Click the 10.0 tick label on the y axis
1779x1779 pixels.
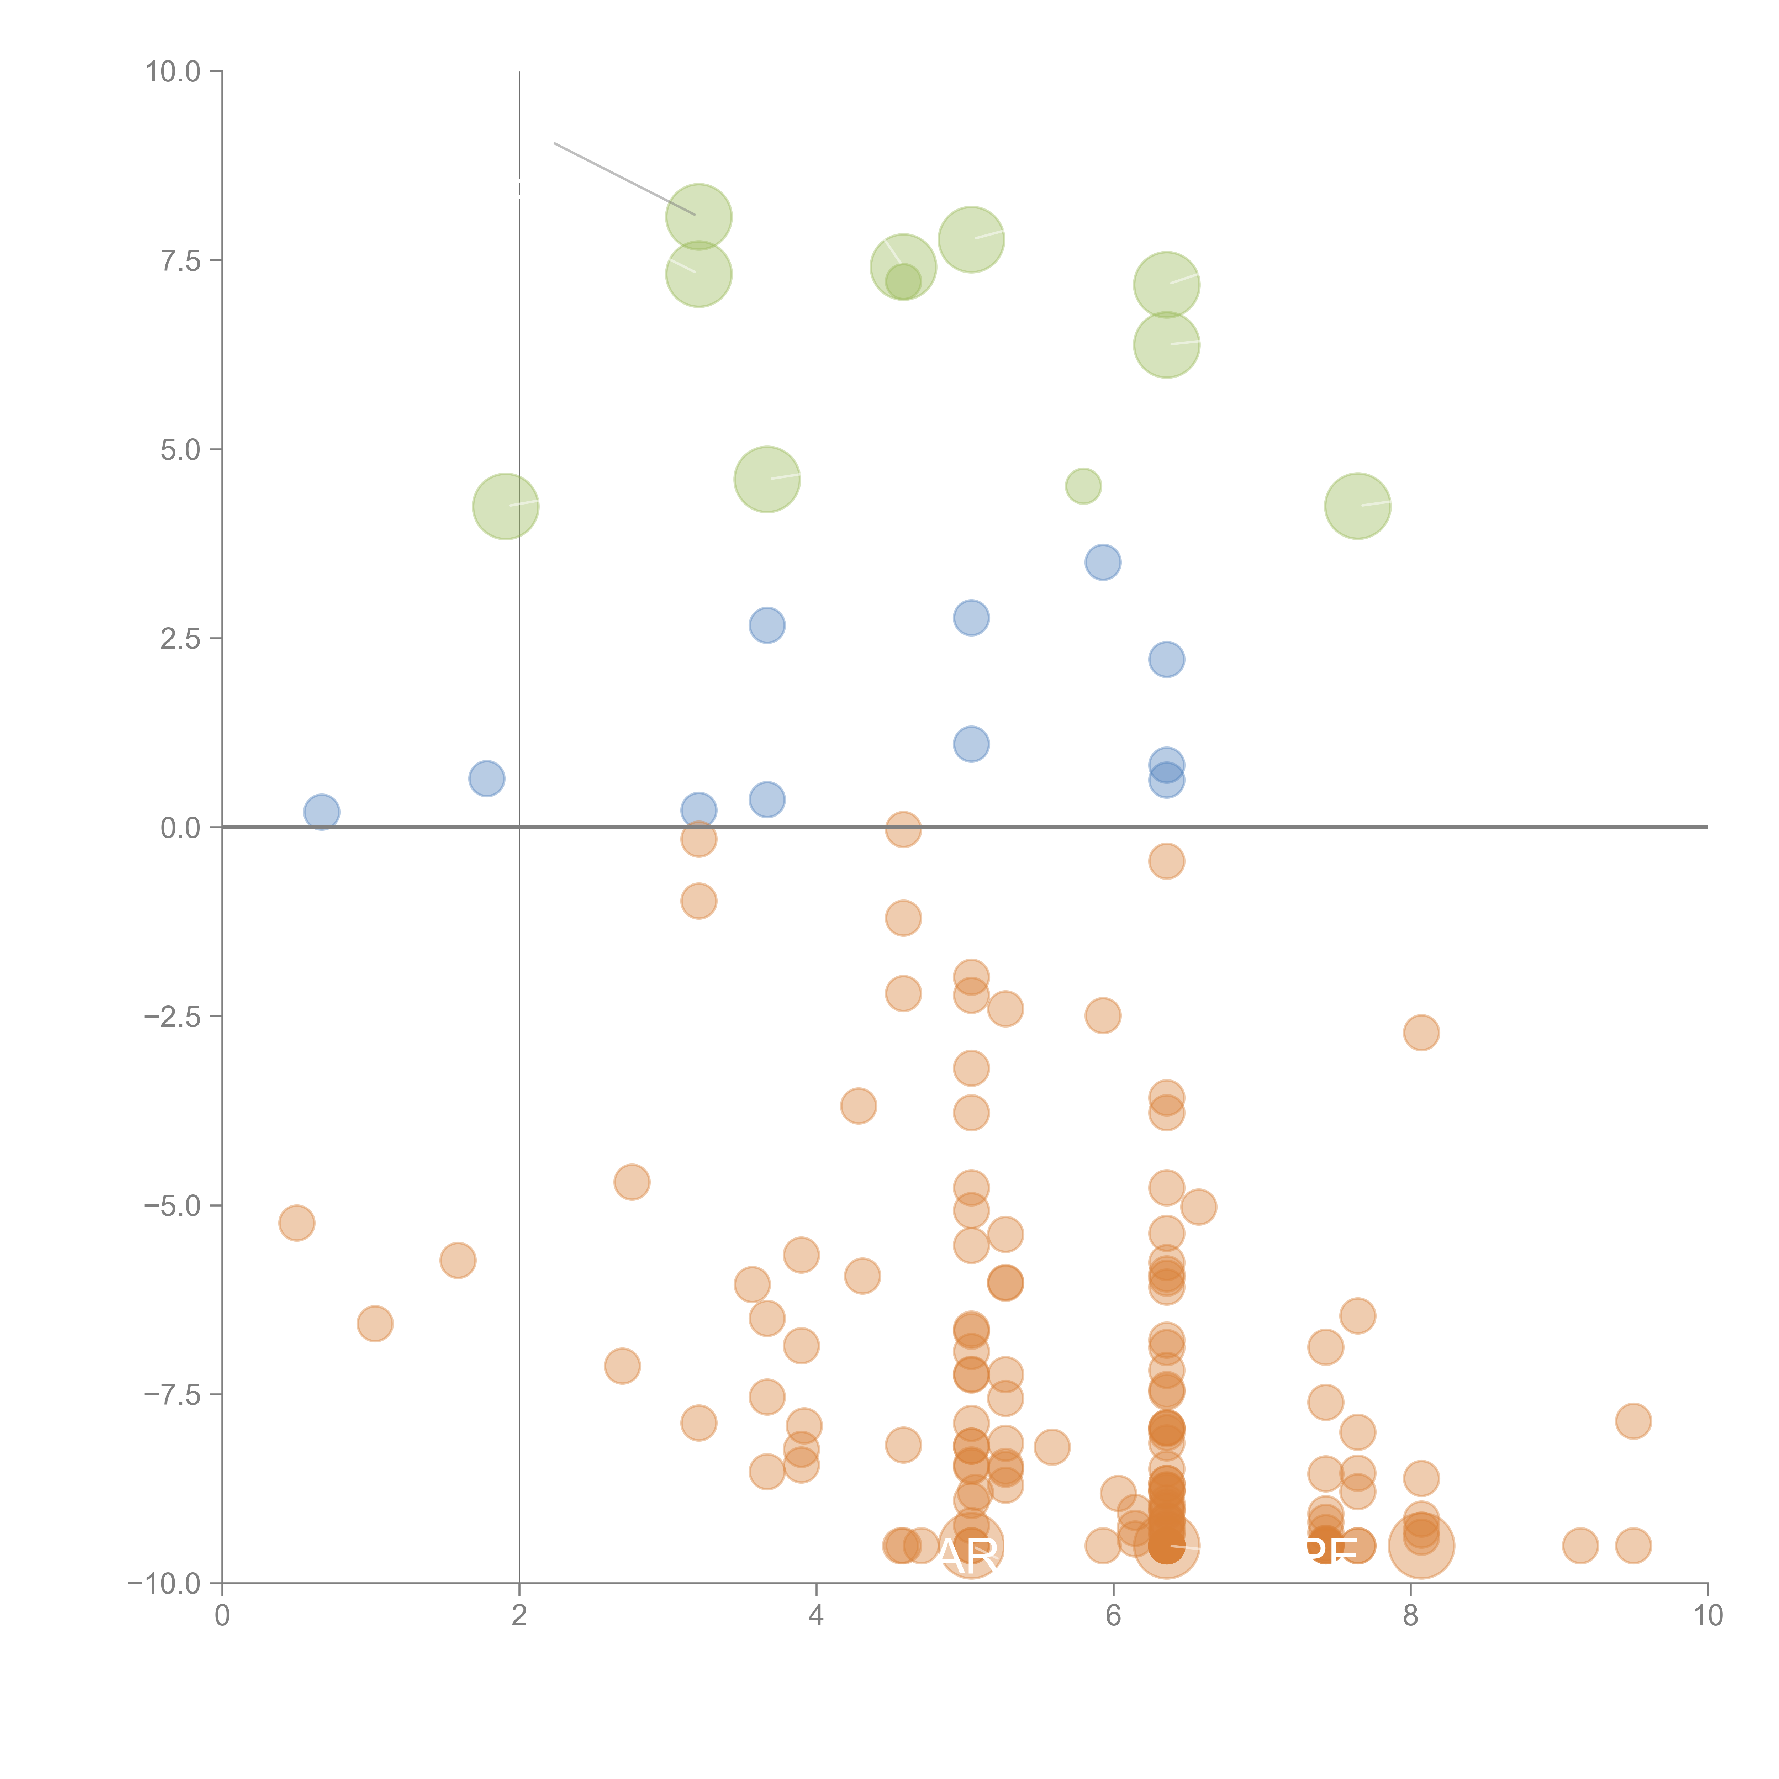(x=173, y=72)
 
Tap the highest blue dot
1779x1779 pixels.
(x=1102, y=562)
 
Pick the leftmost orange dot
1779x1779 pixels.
(x=296, y=1223)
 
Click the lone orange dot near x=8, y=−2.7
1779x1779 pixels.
(x=1421, y=1032)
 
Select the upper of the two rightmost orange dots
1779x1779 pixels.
(x=1633, y=1421)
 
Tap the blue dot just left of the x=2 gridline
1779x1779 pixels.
(x=486, y=778)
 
